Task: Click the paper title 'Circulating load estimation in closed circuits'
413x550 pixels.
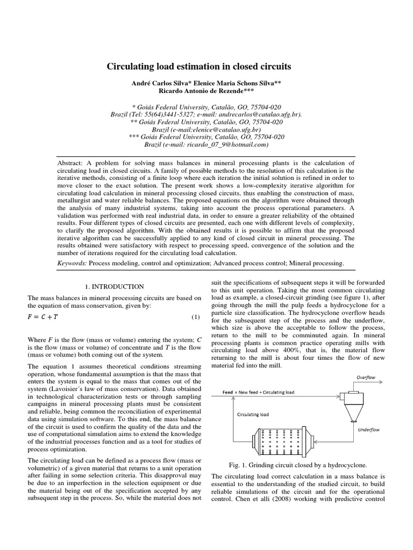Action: coord(206,67)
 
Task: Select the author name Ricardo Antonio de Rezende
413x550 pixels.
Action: coord(206,91)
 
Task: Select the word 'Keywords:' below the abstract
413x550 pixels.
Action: coord(72,263)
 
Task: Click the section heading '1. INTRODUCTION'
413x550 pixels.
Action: coord(115,287)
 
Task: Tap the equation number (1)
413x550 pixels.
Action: coord(196,317)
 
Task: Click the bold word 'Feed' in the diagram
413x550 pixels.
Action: coord(229,392)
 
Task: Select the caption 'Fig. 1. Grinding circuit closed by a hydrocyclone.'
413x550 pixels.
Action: coord(297,465)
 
